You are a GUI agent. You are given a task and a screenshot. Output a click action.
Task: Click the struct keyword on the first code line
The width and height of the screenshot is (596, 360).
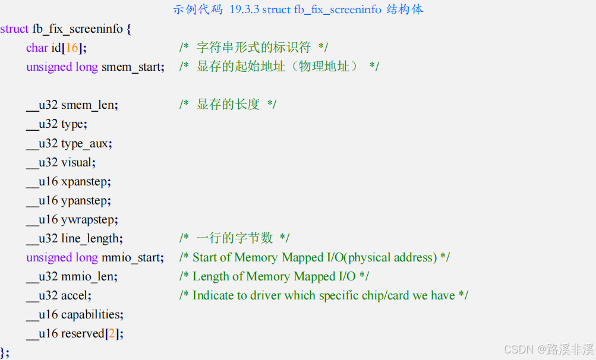[14, 29]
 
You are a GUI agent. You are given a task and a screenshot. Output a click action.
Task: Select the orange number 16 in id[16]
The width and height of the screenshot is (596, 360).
[72, 48]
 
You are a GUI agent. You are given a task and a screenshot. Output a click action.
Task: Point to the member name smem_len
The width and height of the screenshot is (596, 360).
[89, 105]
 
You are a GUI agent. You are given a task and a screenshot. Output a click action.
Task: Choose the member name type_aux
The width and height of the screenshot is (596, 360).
[86, 143]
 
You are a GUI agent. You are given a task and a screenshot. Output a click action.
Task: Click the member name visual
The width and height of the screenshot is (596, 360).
[77, 162]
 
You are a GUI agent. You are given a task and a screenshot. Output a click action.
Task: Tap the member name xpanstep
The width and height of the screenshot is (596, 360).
[86, 181]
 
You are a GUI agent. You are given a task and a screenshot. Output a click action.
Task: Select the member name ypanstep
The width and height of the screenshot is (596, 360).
[86, 200]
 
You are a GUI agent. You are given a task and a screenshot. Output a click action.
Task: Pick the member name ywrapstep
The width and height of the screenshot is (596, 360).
[89, 219]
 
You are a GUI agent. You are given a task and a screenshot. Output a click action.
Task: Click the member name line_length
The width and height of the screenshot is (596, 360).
[91, 238]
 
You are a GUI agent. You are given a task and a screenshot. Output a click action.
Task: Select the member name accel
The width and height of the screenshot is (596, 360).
[75, 295]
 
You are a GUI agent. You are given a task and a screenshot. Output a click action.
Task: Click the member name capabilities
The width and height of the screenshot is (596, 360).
[92, 314]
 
